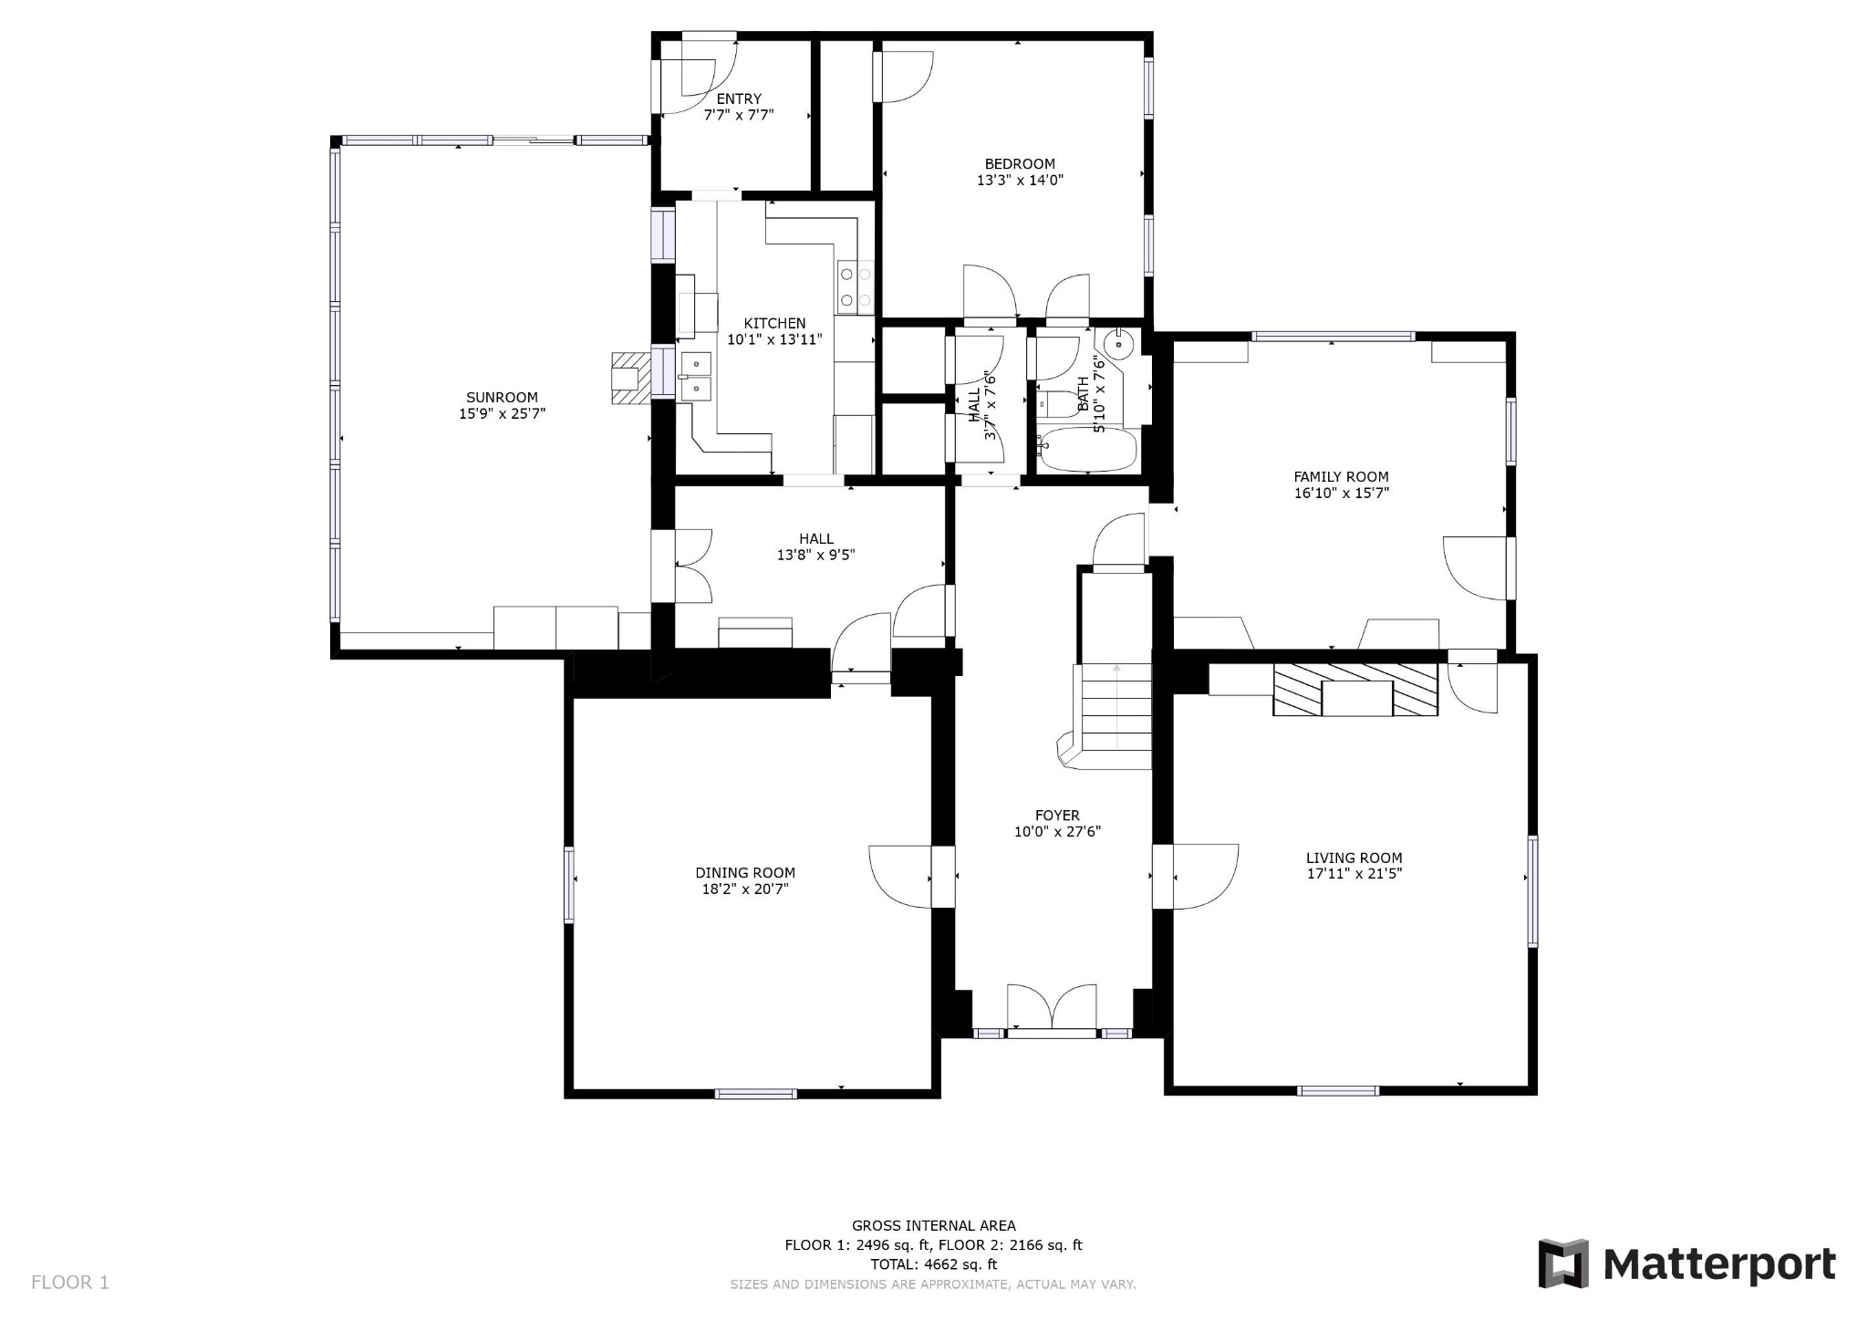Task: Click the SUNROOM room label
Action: click(x=502, y=398)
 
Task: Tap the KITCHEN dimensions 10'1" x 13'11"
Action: click(x=774, y=339)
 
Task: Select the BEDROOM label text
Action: click(x=1020, y=164)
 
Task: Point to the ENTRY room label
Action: click(x=739, y=99)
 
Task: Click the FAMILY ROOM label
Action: click(x=1341, y=476)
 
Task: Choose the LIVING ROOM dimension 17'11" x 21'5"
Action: click(x=1354, y=873)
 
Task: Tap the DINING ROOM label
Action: click(x=745, y=872)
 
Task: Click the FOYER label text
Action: click(x=1057, y=816)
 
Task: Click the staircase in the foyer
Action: click(x=1115, y=707)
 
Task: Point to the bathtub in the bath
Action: click(x=1088, y=450)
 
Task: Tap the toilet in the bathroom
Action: click(x=1058, y=403)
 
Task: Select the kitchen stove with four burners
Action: click(x=855, y=286)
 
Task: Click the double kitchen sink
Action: click(x=695, y=377)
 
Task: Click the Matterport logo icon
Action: click(x=1563, y=1264)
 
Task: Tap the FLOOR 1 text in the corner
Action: click(x=70, y=1282)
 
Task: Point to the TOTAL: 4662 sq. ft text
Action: click(x=933, y=1264)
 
